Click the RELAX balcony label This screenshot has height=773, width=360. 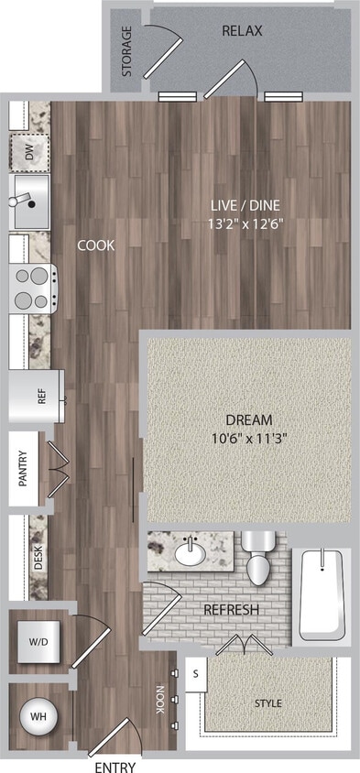[242, 31]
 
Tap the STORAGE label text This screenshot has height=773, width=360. [127, 51]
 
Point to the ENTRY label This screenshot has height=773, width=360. [115, 767]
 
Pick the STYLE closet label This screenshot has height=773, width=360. [267, 703]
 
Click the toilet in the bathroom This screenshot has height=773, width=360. [258, 561]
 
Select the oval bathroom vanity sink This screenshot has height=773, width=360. [191, 552]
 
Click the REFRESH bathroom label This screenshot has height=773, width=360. [231, 610]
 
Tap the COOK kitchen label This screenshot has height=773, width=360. [96, 245]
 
